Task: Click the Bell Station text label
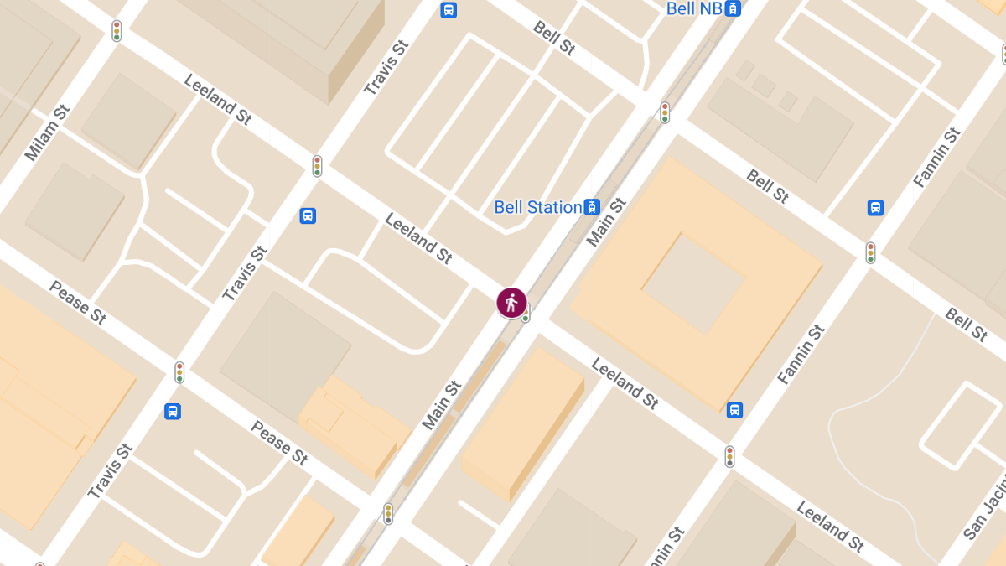point(537,207)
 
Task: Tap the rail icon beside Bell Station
point(593,207)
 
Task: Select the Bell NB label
point(693,8)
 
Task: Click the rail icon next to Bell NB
point(734,8)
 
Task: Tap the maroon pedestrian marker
point(511,303)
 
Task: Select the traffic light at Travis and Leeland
point(318,166)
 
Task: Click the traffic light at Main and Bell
point(665,112)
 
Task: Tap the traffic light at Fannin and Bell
point(871,252)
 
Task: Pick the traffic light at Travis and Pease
point(179,372)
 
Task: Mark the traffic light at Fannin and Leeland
point(730,456)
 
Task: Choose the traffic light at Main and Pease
point(388,513)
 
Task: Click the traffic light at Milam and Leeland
point(117,31)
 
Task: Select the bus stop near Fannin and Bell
point(875,207)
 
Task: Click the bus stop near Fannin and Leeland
point(734,410)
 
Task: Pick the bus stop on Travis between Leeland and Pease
point(308,215)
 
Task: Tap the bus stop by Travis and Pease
point(173,411)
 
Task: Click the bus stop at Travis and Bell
point(449,10)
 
